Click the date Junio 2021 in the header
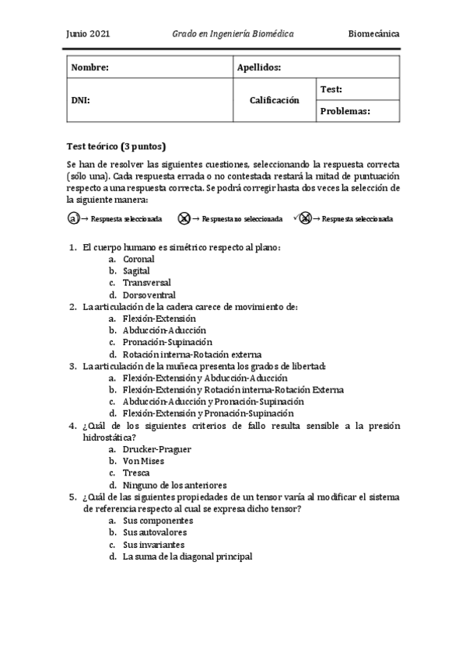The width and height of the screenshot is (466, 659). pos(89,34)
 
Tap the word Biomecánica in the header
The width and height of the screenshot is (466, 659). pos(374,34)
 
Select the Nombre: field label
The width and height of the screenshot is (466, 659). pos(89,68)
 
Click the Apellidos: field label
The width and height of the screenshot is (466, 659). pos(258,68)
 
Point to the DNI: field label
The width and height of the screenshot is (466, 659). pos(80,100)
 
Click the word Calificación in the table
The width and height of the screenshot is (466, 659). pos(274,100)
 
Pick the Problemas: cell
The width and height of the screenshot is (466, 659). pos(345,111)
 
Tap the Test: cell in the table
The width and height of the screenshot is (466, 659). pos(331,89)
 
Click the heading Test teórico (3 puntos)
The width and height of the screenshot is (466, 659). pos(117,147)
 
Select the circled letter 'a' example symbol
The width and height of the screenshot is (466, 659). pos(73,219)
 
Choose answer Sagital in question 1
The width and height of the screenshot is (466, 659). pos(136,270)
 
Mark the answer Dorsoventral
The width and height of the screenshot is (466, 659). pos(149,295)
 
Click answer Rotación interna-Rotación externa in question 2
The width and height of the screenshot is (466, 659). pos(191,354)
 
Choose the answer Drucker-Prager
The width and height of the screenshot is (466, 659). pos(156,449)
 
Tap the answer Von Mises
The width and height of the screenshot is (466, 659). pos(142,461)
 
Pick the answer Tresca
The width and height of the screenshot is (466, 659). pos(136,472)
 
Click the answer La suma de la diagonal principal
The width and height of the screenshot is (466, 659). pos(187,556)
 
